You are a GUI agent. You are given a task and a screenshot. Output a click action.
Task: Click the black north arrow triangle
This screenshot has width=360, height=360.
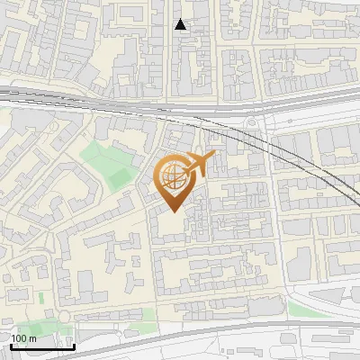pyautogui.click(x=181, y=25)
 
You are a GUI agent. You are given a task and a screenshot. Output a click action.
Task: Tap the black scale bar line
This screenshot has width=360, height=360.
pyautogui.click(x=41, y=346)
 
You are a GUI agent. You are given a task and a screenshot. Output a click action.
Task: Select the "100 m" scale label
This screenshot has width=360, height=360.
pyautogui.click(x=24, y=338)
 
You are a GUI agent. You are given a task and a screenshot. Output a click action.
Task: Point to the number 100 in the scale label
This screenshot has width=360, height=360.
pyautogui.click(x=20, y=338)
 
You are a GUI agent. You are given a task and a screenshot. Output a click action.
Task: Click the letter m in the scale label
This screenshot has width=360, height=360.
pyautogui.click(x=32, y=338)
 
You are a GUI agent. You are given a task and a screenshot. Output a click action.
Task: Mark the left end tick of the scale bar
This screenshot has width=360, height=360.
pyautogui.click(x=10, y=344)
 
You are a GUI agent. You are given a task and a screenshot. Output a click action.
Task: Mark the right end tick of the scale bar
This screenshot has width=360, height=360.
pyautogui.click(x=74, y=344)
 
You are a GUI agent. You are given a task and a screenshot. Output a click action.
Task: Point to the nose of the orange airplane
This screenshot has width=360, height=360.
pyautogui.click(x=214, y=157)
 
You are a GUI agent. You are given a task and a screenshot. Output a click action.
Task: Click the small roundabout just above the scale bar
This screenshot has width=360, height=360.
pyautogui.click(x=65, y=316)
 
